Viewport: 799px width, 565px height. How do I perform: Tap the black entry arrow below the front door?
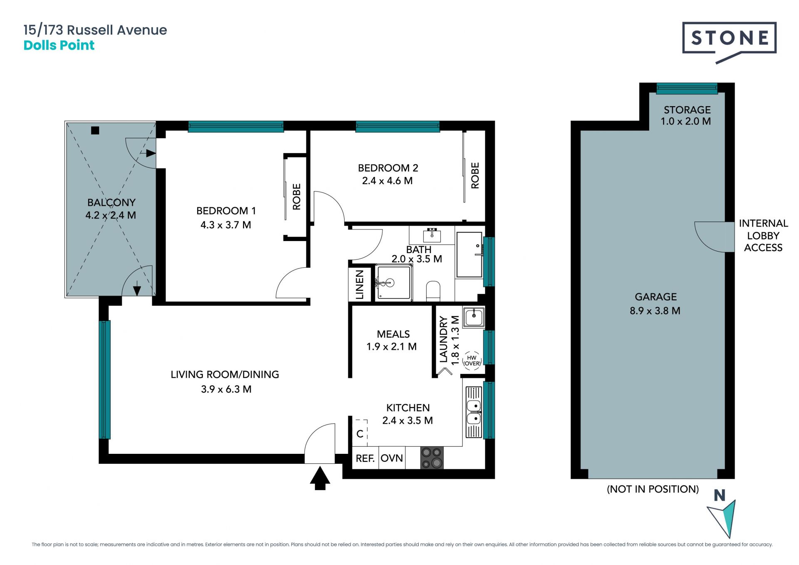(320, 478)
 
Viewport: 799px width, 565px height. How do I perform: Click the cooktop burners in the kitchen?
(432, 458)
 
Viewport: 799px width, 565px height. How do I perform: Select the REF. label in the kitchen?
(365, 458)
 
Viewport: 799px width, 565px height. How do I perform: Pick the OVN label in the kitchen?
(392, 458)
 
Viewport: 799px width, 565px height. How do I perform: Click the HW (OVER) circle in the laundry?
(472, 361)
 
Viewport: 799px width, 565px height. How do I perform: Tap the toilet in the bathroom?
(433, 291)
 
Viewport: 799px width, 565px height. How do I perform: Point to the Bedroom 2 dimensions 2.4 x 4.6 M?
(387, 181)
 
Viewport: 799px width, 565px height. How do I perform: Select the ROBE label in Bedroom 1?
(297, 197)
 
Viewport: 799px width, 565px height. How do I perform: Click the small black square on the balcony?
(95, 130)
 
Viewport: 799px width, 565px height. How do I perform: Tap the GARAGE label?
(656, 297)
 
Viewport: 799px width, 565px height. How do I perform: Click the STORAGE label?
(687, 110)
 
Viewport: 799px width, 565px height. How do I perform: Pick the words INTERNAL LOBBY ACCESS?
(763, 235)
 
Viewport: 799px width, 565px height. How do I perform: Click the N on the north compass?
(720, 495)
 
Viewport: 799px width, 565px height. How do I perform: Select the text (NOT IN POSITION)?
(653, 489)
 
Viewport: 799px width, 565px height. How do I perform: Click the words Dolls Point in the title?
(59, 45)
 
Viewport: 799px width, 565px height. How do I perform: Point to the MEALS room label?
(393, 334)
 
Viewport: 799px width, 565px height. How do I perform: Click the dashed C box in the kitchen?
(360, 433)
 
